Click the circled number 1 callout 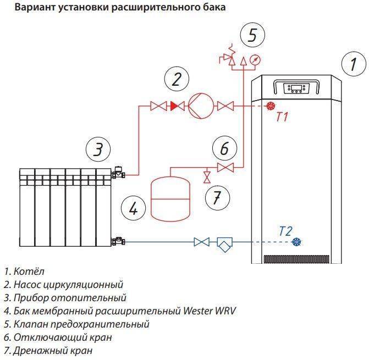pos(350,65)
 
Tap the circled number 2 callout pos(176,80)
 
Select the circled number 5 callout pos(252,35)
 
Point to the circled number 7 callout pos(217,196)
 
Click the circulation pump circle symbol pos(199,106)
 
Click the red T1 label pos(282,117)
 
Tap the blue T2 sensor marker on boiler pos(298,242)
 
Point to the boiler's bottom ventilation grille pos(296,259)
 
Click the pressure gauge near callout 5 pos(254,59)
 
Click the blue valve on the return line pos(201,242)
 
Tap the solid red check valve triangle pos(174,106)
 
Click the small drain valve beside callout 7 pos(207,177)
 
